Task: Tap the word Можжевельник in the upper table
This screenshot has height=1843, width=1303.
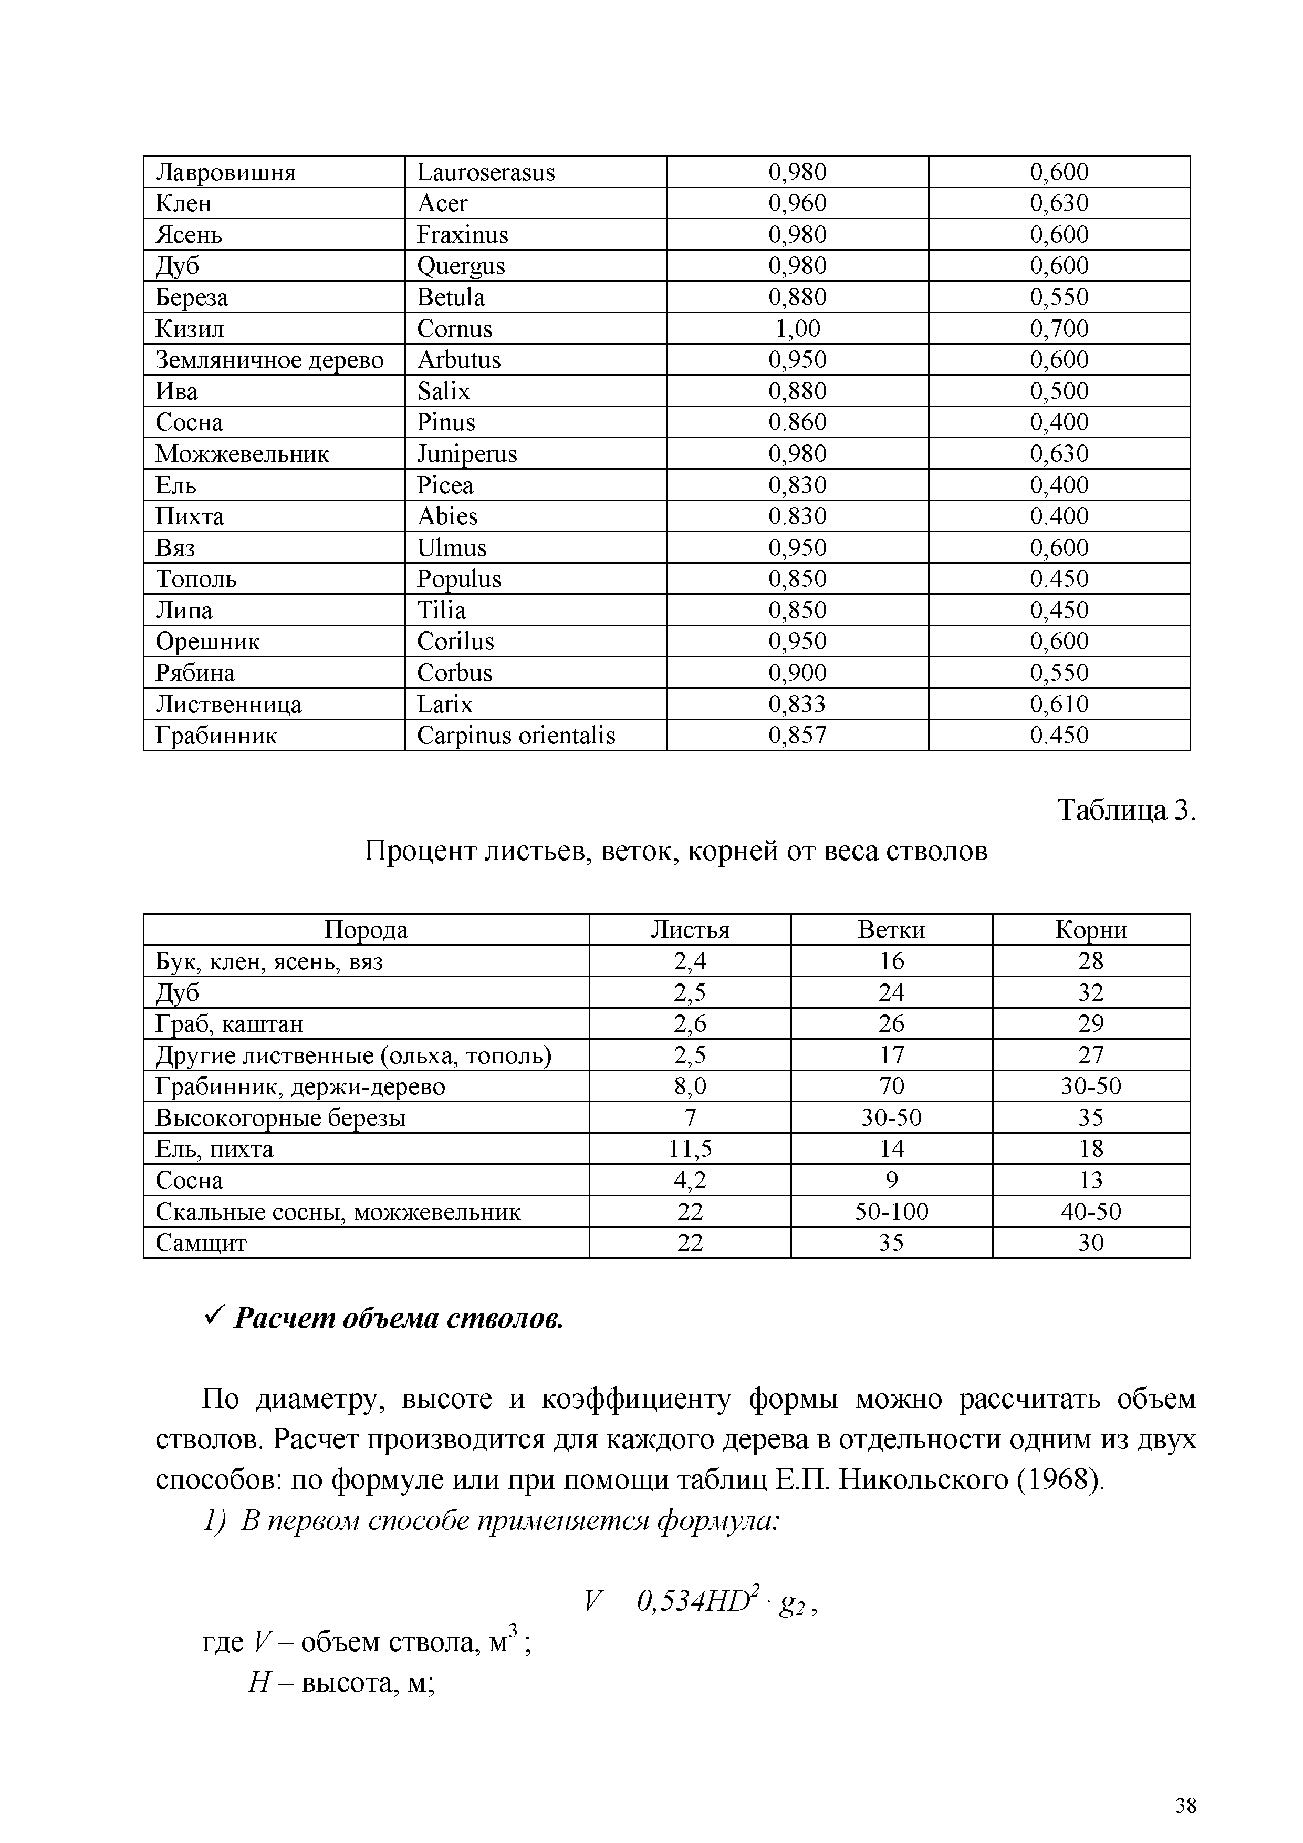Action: click(242, 454)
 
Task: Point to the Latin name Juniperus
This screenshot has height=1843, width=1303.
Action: click(467, 454)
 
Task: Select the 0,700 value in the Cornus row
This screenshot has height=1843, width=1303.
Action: click(1059, 329)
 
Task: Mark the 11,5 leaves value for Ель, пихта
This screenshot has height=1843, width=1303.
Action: click(690, 1150)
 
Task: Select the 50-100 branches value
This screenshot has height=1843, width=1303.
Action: click(891, 1212)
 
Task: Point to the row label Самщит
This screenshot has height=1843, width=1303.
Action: click(201, 1244)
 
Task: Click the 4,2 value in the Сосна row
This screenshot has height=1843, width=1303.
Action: click(690, 1181)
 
